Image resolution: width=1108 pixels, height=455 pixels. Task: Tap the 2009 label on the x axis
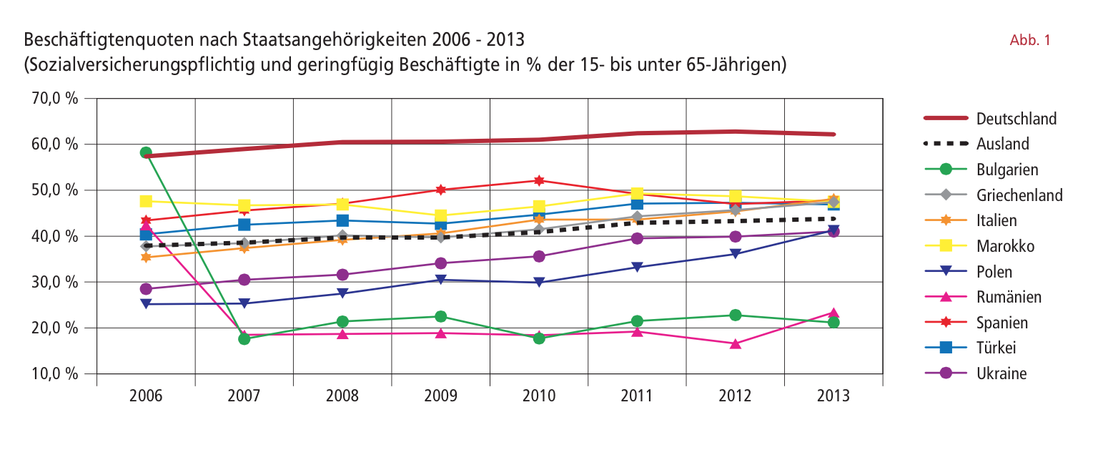[x=441, y=396]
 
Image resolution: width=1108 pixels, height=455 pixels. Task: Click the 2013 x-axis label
[x=834, y=396]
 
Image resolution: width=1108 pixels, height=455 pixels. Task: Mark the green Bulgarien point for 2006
[x=146, y=152]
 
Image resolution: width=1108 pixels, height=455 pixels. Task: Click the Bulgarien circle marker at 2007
[x=244, y=338]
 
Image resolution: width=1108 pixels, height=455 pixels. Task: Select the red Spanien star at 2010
[x=539, y=180]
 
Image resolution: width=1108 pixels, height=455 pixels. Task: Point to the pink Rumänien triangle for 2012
[x=736, y=343]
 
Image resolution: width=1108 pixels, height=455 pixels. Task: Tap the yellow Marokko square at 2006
[x=146, y=201]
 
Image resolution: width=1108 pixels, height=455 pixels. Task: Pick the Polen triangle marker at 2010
[x=539, y=283]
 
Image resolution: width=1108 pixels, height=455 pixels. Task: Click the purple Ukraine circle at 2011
[x=637, y=238]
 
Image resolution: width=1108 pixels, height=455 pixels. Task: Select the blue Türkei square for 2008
[x=342, y=220]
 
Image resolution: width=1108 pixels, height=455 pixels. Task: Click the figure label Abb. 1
[x=1030, y=40]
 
